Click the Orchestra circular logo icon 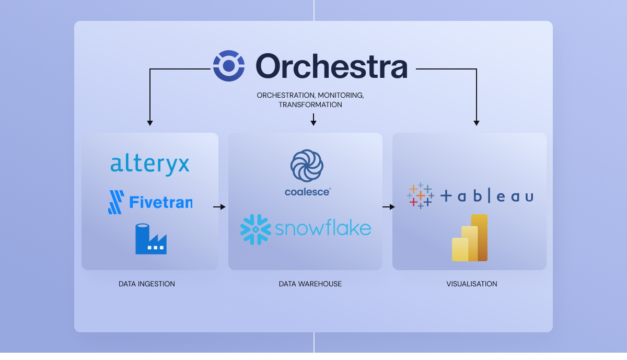point(229,66)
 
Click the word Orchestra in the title point(331,66)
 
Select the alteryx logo point(150,165)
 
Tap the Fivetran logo point(150,202)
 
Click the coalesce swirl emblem point(308,166)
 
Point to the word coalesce point(307,192)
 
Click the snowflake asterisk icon point(256,229)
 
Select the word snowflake point(323,228)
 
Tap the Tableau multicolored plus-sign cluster point(421,196)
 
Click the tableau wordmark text point(487,196)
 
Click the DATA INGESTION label point(147,284)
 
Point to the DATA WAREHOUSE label point(310,284)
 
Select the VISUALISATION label point(472,284)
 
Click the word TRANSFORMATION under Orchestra point(310,104)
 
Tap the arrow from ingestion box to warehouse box point(219,207)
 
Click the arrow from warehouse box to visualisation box point(389,207)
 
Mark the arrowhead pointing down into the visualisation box point(477,123)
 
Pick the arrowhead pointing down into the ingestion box point(150,123)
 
